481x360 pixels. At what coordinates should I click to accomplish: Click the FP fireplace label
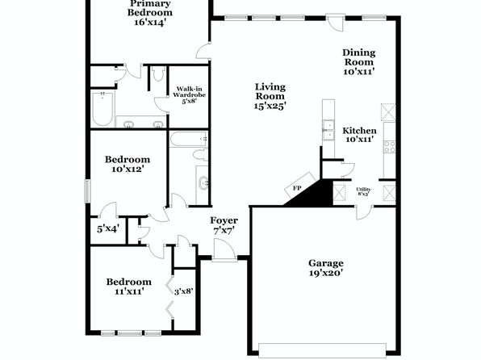point(297,188)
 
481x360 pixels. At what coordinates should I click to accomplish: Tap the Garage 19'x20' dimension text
point(326,273)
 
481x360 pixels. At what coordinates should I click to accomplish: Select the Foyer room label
point(224,220)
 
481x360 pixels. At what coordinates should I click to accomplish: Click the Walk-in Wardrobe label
point(189,92)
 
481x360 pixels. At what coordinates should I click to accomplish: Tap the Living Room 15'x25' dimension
point(270,106)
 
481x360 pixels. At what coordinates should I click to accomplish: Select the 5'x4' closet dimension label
point(108,228)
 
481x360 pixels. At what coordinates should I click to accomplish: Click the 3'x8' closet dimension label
point(183,291)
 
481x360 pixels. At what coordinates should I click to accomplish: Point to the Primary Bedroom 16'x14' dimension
point(150,22)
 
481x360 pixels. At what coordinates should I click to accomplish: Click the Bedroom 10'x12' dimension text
point(128,169)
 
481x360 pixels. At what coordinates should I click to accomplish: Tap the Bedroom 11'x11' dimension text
point(129,291)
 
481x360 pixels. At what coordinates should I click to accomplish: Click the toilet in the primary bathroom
point(158,73)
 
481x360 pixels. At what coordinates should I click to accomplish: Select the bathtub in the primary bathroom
point(102,109)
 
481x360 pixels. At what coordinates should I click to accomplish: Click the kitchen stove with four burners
point(390,146)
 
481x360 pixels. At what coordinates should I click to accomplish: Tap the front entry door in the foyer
point(224,250)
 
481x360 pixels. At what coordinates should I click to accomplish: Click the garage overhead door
point(322,350)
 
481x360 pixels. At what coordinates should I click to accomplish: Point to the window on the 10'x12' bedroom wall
point(88,190)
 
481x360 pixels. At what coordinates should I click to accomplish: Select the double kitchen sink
point(328,130)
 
